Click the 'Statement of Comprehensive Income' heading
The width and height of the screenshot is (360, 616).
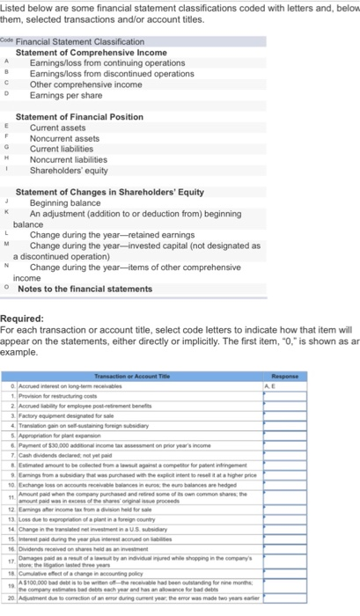tap(91, 53)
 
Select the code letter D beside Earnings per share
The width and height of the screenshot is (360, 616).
tap(8, 95)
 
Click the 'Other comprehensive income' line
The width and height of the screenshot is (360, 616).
tap(84, 84)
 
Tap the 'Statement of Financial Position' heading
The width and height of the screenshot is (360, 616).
tap(80, 117)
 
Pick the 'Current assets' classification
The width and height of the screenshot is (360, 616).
tap(61, 128)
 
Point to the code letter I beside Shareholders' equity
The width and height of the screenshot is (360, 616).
tap(8, 170)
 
